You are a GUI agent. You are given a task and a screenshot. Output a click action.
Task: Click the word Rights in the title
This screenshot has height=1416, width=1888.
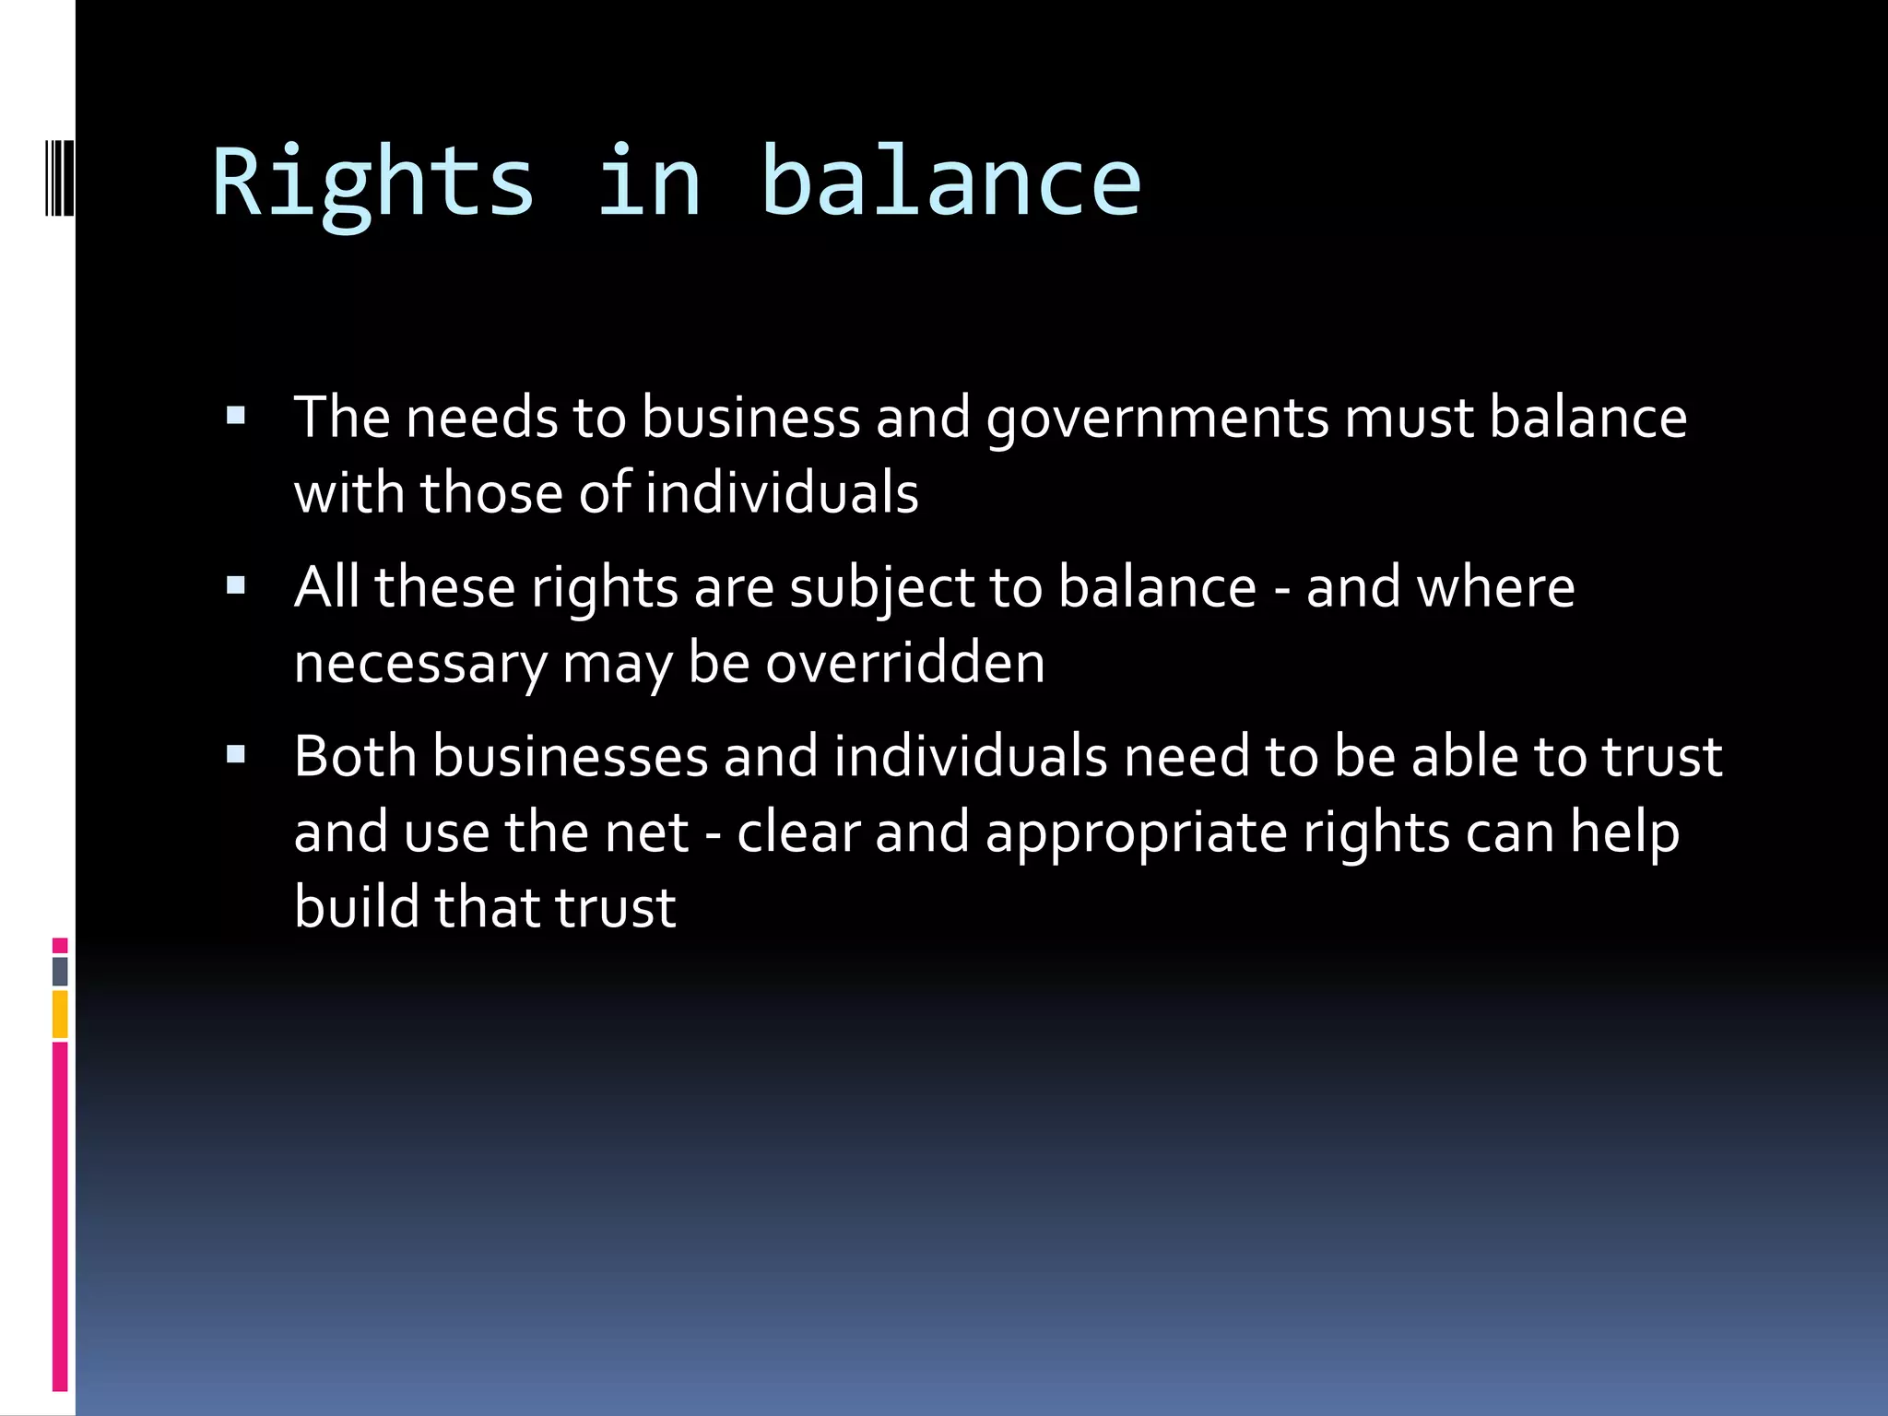(373, 183)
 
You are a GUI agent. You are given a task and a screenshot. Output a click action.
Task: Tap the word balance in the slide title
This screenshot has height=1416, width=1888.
(951, 183)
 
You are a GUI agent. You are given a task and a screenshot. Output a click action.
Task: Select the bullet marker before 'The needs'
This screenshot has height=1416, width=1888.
(236, 416)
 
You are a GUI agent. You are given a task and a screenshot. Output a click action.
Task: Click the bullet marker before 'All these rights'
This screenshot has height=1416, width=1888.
(236, 585)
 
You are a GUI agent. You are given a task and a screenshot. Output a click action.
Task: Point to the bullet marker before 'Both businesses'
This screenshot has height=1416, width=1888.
(236, 755)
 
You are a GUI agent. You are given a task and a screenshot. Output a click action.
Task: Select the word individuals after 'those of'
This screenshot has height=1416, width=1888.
(781, 492)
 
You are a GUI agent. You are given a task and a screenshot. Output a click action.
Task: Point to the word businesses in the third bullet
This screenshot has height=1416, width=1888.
(570, 756)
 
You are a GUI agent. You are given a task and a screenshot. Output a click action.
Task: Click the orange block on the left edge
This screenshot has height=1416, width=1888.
(60, 1014)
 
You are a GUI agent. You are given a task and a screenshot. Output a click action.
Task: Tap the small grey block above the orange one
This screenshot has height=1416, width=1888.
(60, 971)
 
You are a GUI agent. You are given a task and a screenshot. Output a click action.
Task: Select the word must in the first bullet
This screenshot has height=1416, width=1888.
(1409, 418)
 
